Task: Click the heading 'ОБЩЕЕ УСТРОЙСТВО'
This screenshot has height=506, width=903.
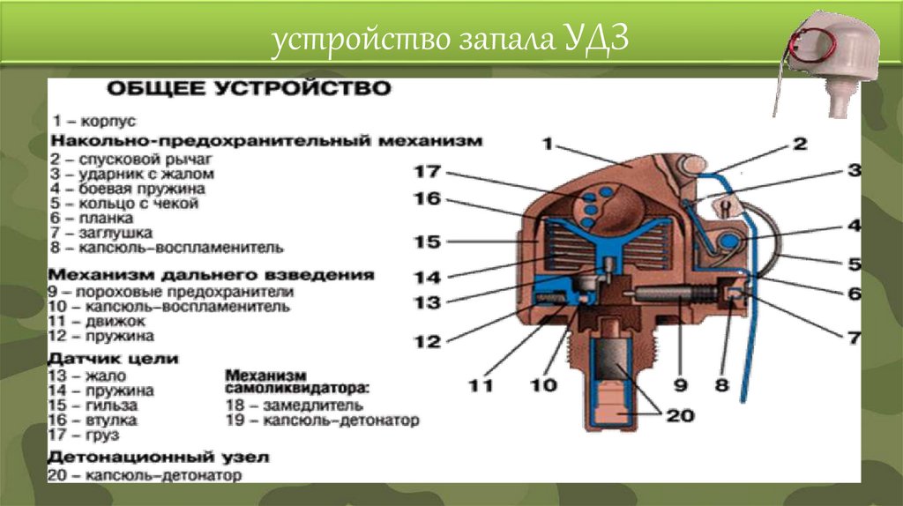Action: [x=248, y=89]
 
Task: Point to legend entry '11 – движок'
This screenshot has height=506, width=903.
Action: [x=102, y=322]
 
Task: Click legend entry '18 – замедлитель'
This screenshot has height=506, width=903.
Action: [x=295, y=406]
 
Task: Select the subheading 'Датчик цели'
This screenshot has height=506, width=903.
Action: [x=115, y=359]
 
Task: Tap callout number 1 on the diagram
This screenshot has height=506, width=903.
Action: [x=548, y=142]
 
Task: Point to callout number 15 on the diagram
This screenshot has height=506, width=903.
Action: [x=427, y=240]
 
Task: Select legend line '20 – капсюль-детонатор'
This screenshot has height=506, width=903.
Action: [x=146, y=475]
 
